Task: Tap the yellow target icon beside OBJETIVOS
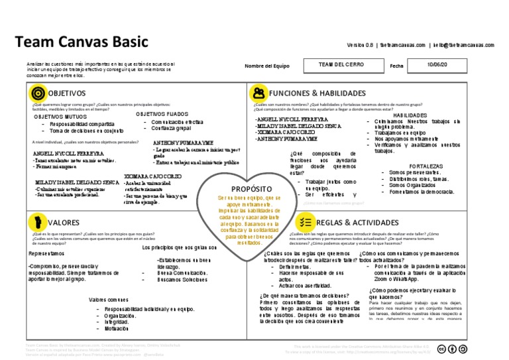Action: coord(38,93)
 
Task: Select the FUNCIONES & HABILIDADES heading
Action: coord(317,93)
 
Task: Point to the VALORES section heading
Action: coord(64,223)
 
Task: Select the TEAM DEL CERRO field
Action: coord(340,65)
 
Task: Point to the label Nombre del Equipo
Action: coord(267,66)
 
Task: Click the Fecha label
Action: coord(396,66)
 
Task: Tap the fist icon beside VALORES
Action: coord(38,222)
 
